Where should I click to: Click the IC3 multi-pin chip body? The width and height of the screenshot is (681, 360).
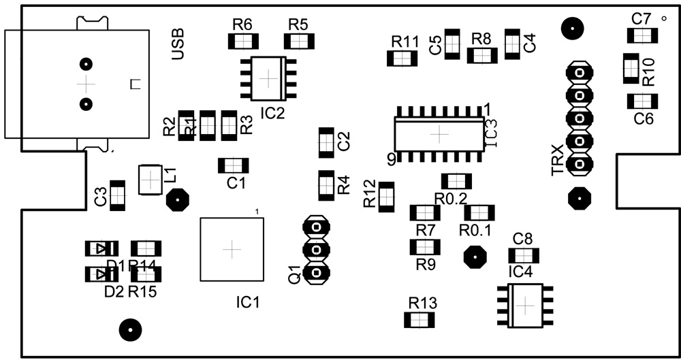439,134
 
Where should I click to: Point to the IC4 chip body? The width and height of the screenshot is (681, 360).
525,306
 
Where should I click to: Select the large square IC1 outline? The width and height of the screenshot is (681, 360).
232,249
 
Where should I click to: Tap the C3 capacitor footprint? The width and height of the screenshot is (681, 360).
118,195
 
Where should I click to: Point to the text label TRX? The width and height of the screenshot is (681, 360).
558,160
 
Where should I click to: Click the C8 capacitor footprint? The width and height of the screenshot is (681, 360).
524,256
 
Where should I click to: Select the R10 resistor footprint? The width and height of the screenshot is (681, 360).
631,68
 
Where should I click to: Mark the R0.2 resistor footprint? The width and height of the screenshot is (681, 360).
456,180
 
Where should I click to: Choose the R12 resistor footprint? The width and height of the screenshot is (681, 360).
387,196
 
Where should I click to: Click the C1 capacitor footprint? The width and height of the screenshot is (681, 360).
233,165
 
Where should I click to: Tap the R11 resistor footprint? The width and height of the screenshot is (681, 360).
402,59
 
